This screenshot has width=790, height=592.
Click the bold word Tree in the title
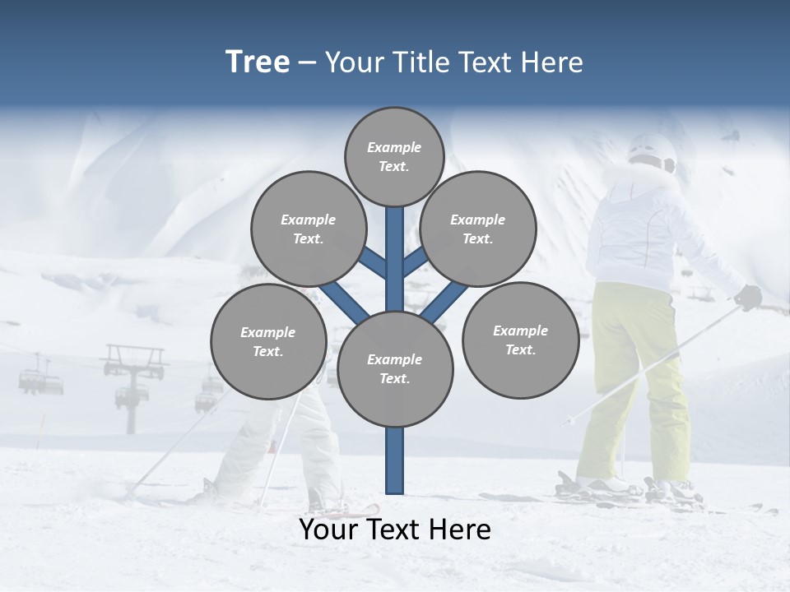coord(258,62)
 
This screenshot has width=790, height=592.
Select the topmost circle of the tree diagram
coord(394,156)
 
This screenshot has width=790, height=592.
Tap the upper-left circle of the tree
coord(308,229)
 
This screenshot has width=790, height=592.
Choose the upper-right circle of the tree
coord(477,229)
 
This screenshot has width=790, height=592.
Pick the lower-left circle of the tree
coord(268,342)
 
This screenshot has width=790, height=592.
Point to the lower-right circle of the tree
coord(520,340)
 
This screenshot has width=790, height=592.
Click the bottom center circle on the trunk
coord(395,369)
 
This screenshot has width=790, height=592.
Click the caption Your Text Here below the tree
coord(395,530)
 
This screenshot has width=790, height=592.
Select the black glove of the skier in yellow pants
coord(748,297)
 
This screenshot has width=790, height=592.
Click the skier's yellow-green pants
coord(634,378)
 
